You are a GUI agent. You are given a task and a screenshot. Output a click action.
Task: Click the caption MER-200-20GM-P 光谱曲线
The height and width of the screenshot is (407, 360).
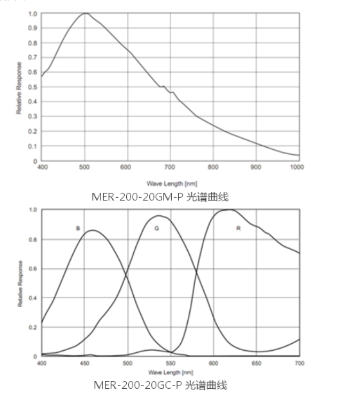click(160, 197)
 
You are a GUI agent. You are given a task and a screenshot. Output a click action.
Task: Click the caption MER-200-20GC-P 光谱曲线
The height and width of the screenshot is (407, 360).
click(160, 385)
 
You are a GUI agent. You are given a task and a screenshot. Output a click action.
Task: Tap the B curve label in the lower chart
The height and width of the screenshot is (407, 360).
click(78, 229)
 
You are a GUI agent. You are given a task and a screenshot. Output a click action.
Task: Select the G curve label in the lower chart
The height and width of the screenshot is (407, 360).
click(157, 228)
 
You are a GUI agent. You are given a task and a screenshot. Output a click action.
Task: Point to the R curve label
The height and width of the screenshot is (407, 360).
click(239, 229)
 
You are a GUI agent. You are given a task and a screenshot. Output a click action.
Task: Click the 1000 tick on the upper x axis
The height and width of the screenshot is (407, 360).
click(297, 167)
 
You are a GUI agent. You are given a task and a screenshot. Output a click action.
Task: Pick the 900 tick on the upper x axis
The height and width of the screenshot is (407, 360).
click(256, 167)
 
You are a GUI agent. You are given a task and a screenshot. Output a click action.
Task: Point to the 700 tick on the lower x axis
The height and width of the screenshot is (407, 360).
click(299, 363)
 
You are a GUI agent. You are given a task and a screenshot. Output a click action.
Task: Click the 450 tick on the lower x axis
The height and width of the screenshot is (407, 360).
click(85, 363)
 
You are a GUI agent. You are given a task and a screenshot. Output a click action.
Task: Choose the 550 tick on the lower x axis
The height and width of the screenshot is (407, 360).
click(171, 363)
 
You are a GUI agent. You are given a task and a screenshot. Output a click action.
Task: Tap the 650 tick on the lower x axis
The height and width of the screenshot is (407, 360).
click(256, 363)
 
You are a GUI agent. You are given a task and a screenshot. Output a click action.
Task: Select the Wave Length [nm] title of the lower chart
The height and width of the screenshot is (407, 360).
click(170, 372)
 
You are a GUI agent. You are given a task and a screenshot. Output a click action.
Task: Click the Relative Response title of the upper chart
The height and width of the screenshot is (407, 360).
click(19, 87)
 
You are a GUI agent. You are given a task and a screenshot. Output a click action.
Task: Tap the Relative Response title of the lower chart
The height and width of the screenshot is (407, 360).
click(20, 283)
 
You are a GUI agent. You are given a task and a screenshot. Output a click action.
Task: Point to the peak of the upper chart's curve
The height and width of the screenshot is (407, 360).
click(85, 13)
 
